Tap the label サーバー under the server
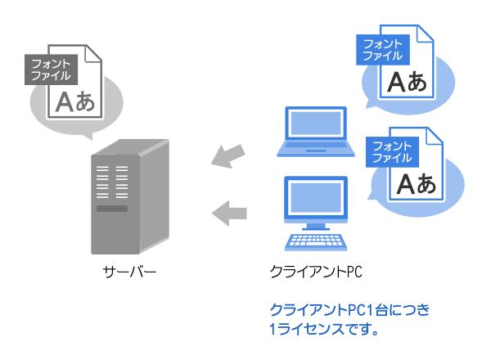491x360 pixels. pos(128,271)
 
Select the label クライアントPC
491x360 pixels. pos(315,271)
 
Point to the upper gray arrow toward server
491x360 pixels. pos(228,155)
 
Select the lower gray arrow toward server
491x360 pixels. pos(230,214)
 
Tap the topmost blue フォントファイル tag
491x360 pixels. pos(381,50)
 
